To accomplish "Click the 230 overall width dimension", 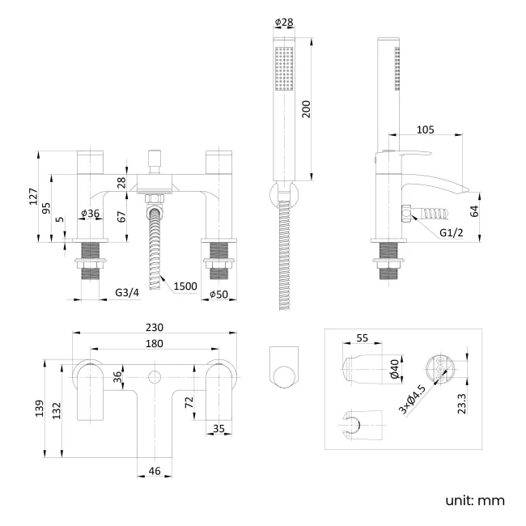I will click(x=155, y=328).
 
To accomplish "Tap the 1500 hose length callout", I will click(x=185, y=286).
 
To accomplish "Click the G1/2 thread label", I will click(x=452, y=233).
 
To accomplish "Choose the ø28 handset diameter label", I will click(x=284, y=22).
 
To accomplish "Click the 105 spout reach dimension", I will click(x=426, y=129).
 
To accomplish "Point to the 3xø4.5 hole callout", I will click(x=414, y=400).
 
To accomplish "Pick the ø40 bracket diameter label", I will click(x=394, y=369).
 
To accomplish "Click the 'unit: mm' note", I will click(x=475, y=500).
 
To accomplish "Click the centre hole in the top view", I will click(x=154, y=377).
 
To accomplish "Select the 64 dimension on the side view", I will click(x=475, y=212).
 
